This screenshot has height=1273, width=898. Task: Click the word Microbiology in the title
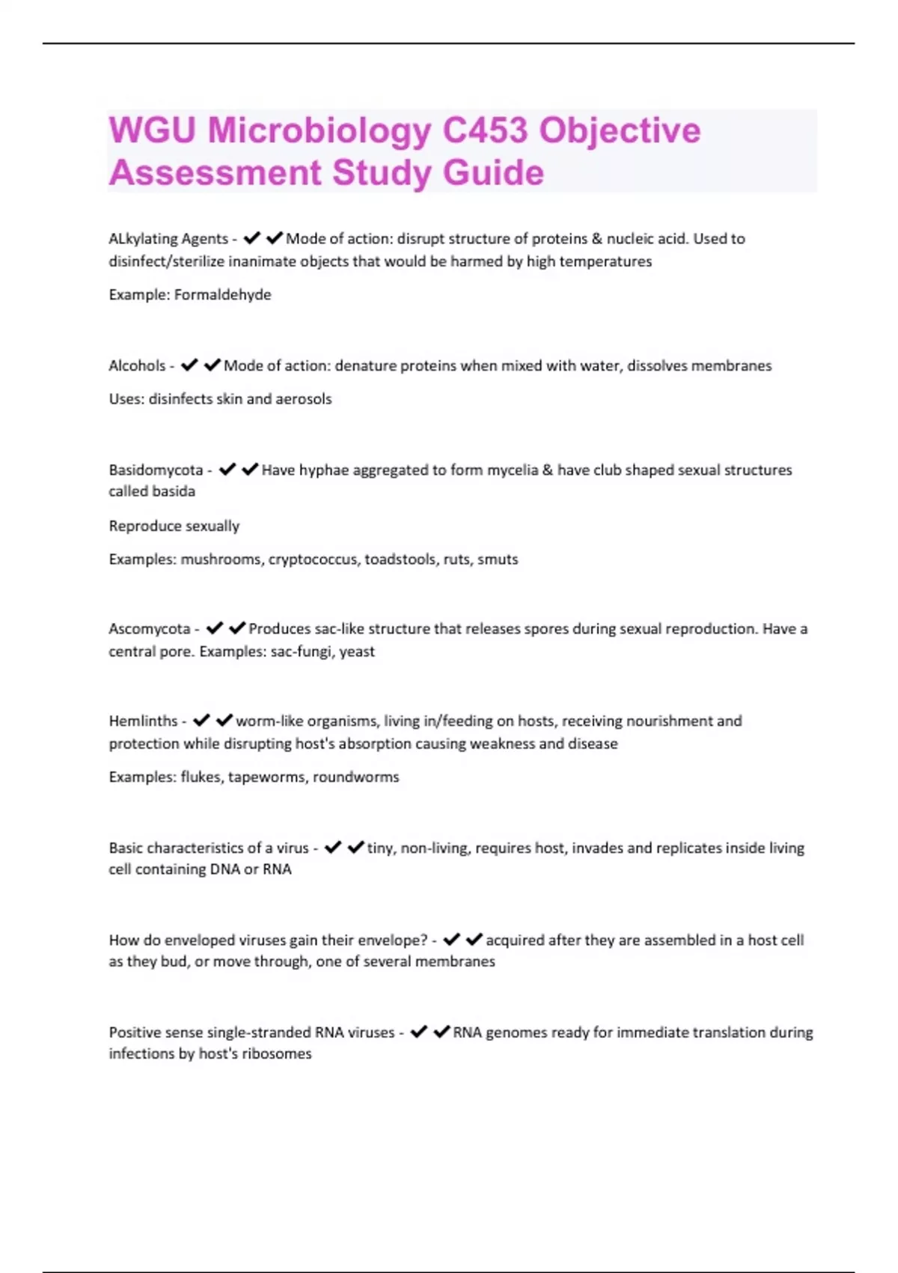point(319,131)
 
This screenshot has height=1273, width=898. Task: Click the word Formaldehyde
point(223,295)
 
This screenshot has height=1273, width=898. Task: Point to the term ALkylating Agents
point(168,239)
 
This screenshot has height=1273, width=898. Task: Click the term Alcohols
point(137,366)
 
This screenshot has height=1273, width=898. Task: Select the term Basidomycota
point(156,470)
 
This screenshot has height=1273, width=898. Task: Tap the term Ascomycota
point(150,629)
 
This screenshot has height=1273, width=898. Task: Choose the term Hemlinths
point(143,721)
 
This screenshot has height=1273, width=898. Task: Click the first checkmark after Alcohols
point(189,365)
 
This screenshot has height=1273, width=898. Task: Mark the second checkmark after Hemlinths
point(224,720)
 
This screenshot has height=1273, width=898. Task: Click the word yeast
point(357,651)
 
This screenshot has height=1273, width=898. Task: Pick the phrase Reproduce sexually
point(174,526)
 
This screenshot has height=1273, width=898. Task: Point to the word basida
point(175,492)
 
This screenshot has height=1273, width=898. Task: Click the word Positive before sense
point(135,1033)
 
